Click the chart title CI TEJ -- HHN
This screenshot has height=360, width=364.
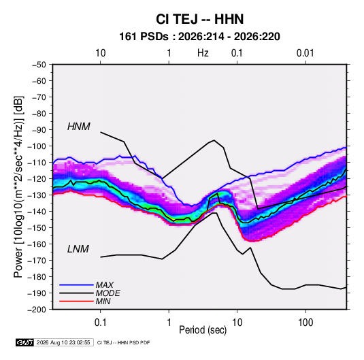pos(199,19)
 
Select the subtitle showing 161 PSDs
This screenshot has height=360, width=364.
pos(199,37)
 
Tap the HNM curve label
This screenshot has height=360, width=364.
pos(79,127)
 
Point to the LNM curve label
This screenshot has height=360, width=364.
pos(78,249)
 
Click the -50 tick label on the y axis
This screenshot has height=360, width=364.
pos(39,65)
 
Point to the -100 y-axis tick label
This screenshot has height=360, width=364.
pos(37,146)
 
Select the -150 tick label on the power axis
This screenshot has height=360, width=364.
pos(37,228)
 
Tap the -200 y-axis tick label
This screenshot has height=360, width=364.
pos(37,310)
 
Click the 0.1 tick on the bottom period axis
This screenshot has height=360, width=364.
pos(100,323)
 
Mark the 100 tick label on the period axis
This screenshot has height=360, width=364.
pos(305,323)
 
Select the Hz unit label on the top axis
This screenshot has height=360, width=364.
pos(203,53)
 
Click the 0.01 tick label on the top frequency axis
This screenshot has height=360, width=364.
pos(305,53)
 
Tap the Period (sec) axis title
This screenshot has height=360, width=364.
pos(203,330)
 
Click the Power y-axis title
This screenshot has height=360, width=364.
pos(18,186)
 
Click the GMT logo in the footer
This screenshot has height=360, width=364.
pos(25,342)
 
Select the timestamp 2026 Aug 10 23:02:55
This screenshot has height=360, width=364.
pos(63,342)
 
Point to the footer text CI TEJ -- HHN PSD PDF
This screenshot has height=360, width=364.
pos(124,343)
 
